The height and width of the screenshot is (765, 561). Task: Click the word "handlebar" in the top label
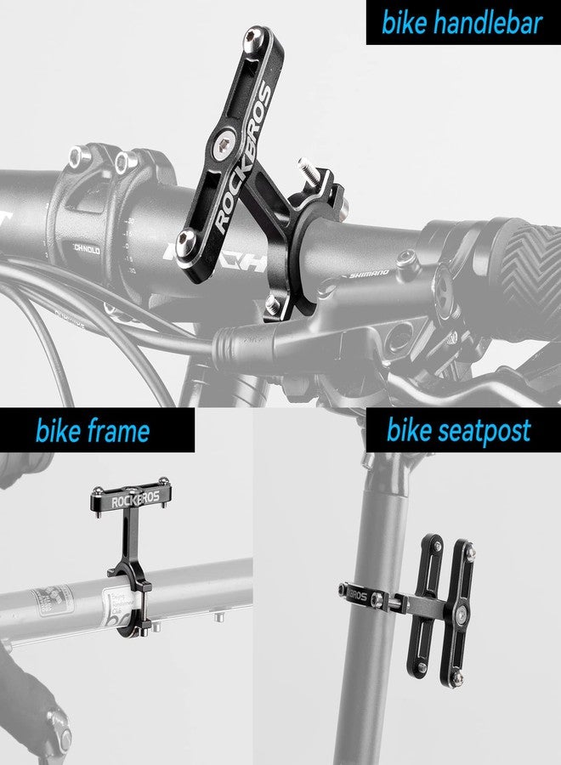485,23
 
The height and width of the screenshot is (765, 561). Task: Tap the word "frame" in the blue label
118,431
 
